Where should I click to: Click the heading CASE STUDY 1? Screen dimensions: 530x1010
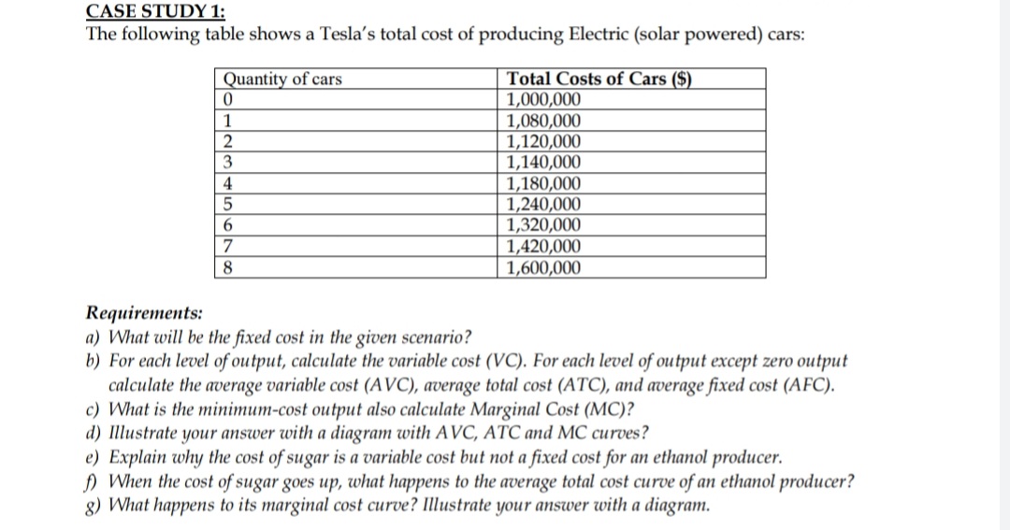[149, 11]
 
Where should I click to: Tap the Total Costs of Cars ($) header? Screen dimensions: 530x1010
[598, 79]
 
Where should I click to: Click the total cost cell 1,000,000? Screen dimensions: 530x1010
[542, 100]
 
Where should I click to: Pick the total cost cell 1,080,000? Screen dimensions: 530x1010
[542, 122]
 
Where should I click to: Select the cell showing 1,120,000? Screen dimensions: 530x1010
[542, 142]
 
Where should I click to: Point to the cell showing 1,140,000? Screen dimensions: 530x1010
[542, 163]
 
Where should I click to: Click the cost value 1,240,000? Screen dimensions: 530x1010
[542, 205]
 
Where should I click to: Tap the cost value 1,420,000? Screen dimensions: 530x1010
[542, 247]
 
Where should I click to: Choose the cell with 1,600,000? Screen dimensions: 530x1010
[542, 268]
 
